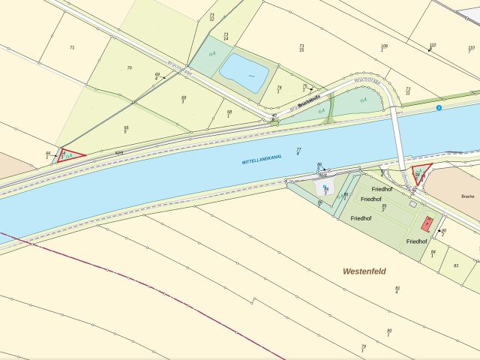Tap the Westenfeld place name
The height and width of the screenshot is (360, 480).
coord(364,271)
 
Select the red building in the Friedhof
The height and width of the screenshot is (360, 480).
coord(427,223)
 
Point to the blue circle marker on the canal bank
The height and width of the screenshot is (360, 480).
coord(439,108)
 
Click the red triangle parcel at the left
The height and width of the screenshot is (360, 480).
coord(68,156)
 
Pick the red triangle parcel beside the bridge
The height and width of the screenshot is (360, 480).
coord(421,173)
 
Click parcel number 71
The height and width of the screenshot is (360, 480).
coord(72,47)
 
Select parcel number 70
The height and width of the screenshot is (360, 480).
coord(129,68)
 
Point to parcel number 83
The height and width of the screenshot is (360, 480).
coord(456,265)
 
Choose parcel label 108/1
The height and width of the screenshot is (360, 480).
coord(384,48)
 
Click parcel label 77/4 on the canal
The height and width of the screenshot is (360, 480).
coord(298,151)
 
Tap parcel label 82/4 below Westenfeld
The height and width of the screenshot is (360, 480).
coord(397,289)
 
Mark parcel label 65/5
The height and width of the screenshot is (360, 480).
coord(126,130)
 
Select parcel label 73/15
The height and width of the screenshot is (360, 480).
coord(301,47)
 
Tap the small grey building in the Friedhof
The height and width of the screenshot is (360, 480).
coord(412,203)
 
